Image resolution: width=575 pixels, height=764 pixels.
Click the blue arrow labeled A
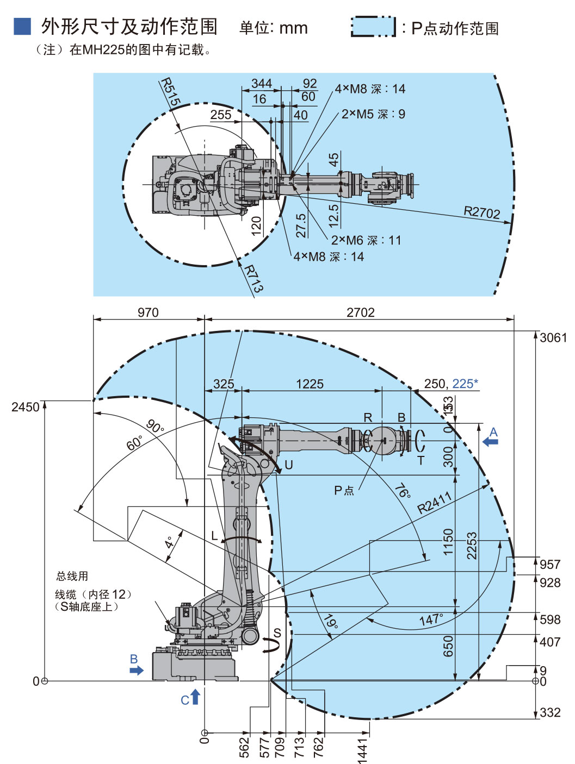pyautogui.click(x=491, y=442)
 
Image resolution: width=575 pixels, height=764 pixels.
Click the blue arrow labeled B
pyautogui.click(x=137, y=670)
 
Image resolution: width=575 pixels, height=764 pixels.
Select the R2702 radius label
pyautogui.click(x=481, y=212)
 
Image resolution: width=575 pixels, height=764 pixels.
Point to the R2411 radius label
pyautogui.click(x=435, y=503)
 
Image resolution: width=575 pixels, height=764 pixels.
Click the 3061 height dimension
pyautogui.click(x=553, y=337)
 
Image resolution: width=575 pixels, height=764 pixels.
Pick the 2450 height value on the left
pyautogui.click(x=26, y=407)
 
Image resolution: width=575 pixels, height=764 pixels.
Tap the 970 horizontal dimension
pyautogui.click(x=148, y=312)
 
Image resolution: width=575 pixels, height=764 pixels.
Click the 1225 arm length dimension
pyautogui.click(x=310, y=384)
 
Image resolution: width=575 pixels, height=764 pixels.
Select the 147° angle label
pyautogui.click(x=431, y=619)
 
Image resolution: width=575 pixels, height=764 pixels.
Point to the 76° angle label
pyautogui.click(x=403, y=491)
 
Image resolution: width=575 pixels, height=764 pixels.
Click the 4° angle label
pyautogui.click(x=170, y=542)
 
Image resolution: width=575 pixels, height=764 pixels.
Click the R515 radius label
pyautogui.click(x=170, y=92)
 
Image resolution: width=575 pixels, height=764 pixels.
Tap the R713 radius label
pyautogui.click(x=254, y=278)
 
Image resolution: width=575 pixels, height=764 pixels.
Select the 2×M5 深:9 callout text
pyautogui.click(x=373, y=114)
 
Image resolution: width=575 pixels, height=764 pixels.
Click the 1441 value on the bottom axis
pyautogui.click(x=363, y=750)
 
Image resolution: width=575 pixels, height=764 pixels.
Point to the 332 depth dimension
pyautogui.click(x=550, y=712)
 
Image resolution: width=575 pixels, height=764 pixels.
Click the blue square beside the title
pyautogui.click(x=22, y=26)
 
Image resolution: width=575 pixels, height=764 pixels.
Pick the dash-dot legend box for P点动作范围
pyautogui.click(x=373, y=27)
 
